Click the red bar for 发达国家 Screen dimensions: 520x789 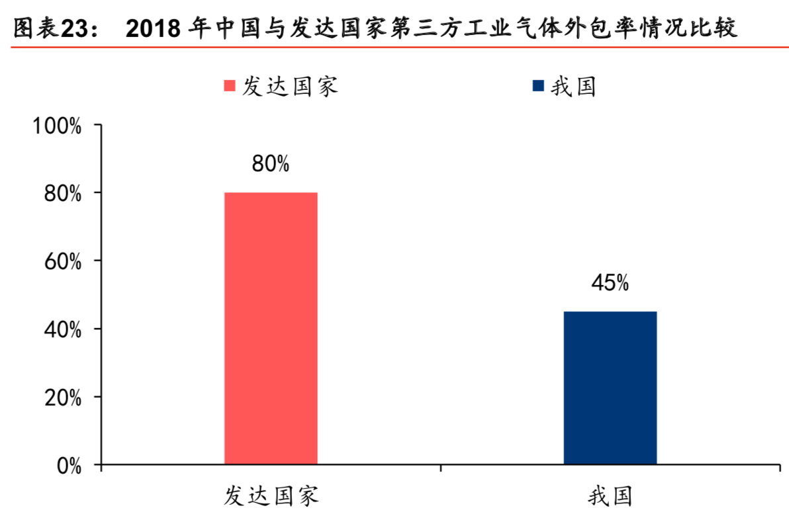[271, 328]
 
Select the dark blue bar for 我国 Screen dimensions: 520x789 [610, 388]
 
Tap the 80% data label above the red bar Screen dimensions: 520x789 [270, 164]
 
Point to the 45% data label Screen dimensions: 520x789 [610, 283]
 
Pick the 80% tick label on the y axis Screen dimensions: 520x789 [62, 194]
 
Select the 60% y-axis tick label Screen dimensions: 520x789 [62, 262]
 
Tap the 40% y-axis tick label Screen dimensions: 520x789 [62, 330]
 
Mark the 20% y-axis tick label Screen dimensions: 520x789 [62, 398]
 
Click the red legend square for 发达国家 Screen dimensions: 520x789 [230, 87]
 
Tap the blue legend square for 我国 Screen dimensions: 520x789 [538, 87]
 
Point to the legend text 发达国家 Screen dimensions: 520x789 [290, 87]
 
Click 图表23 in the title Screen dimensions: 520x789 [45, 28]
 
